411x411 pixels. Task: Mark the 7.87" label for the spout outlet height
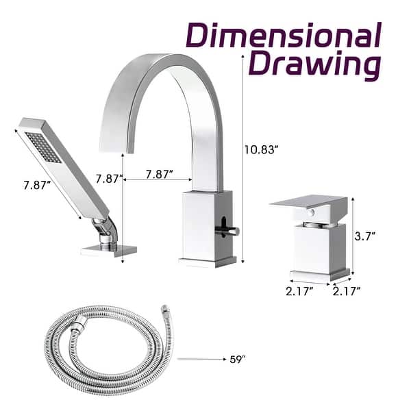pos(109,179)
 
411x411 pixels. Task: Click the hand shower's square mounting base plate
pos(108,251)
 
